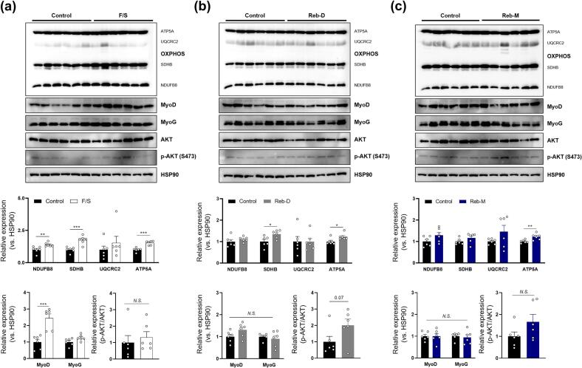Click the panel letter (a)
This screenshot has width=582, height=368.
(10, 7)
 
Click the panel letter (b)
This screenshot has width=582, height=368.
(208, 7)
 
